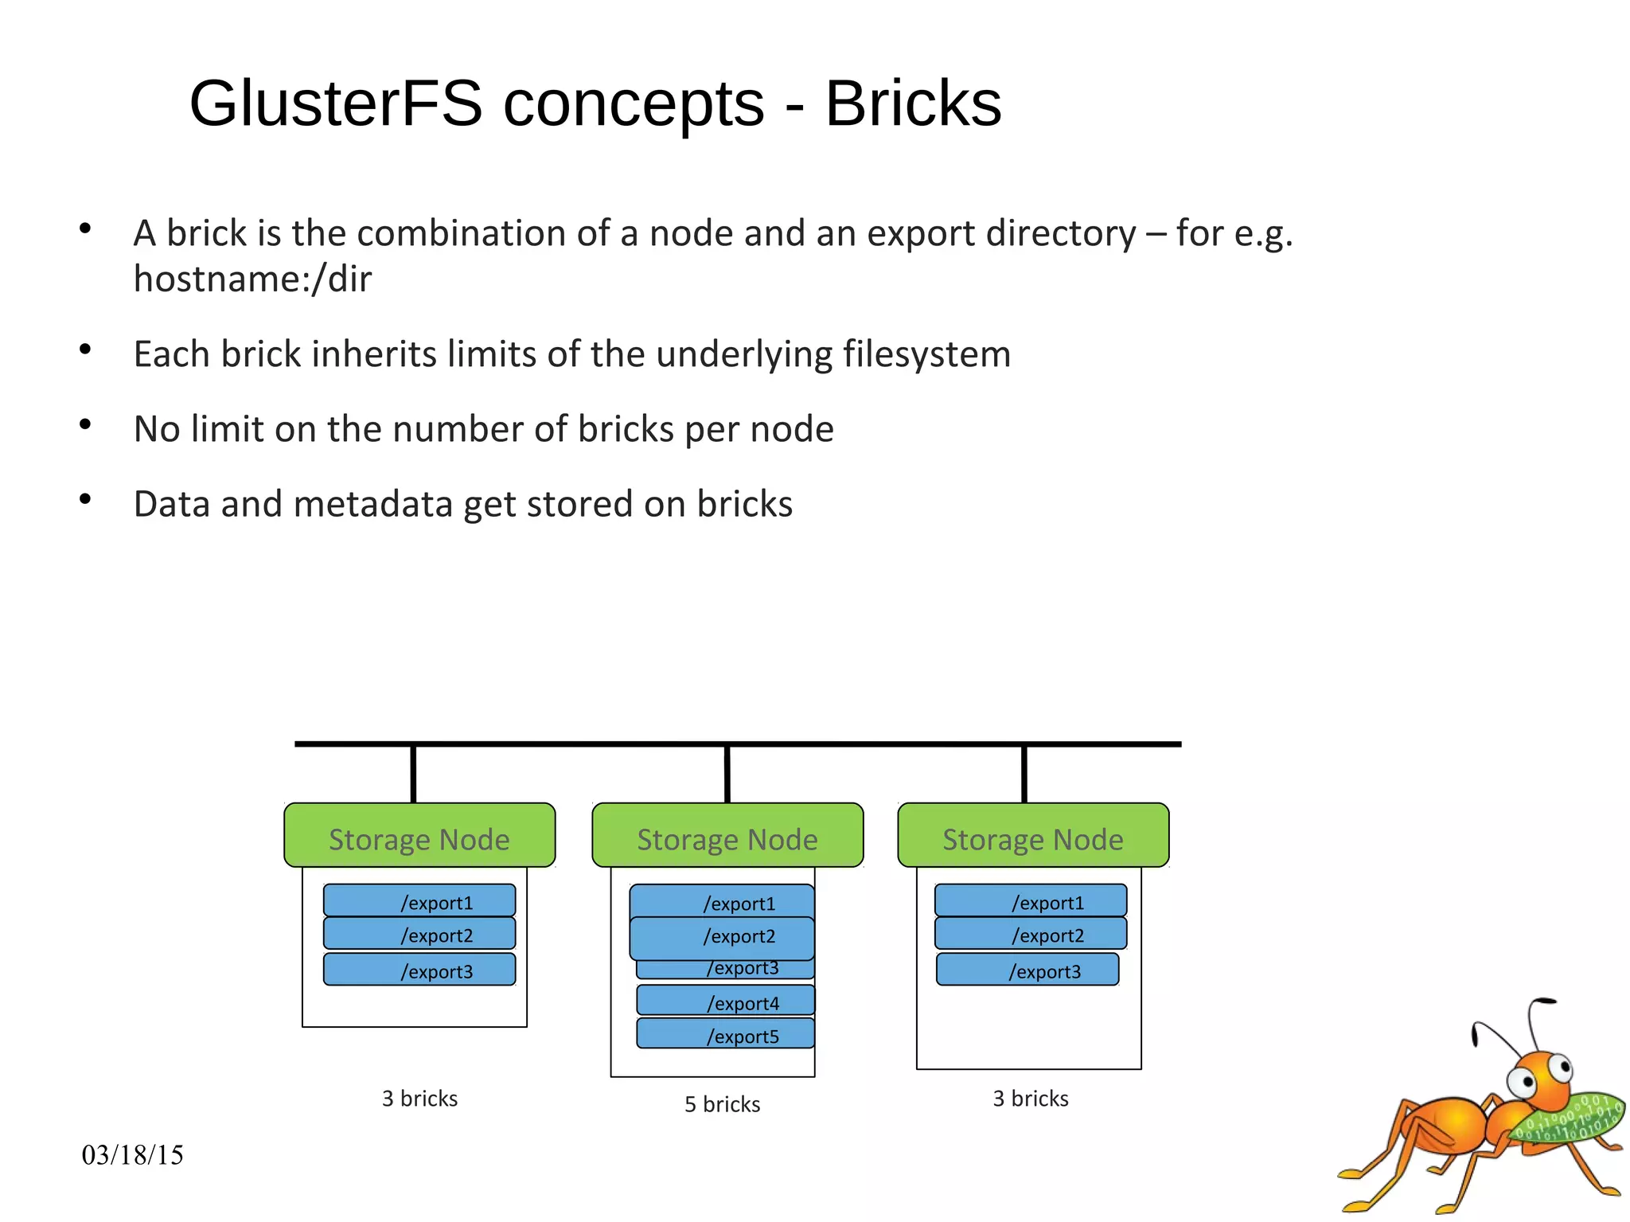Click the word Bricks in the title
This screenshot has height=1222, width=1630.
pyautogui.click(x=913, y=103)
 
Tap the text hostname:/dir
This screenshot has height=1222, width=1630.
pyautogui.click(x=252, y=279)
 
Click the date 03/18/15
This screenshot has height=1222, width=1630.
pyautogui.click(x=132, y=1155)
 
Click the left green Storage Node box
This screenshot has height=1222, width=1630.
pyautogui.click(x=419, y=836)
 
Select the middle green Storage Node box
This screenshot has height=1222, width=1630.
pyautogui.click(x=727, y=836)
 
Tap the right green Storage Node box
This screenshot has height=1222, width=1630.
pyautogui.click(x=1033, y=836)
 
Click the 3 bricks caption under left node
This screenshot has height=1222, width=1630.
pyautogui.click(x=419, y=1099)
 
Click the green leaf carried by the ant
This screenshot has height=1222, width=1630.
pyautogui.click(x=1572, y=1119)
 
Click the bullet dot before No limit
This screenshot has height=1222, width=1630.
pyautogui.click(x=85, y=424)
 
